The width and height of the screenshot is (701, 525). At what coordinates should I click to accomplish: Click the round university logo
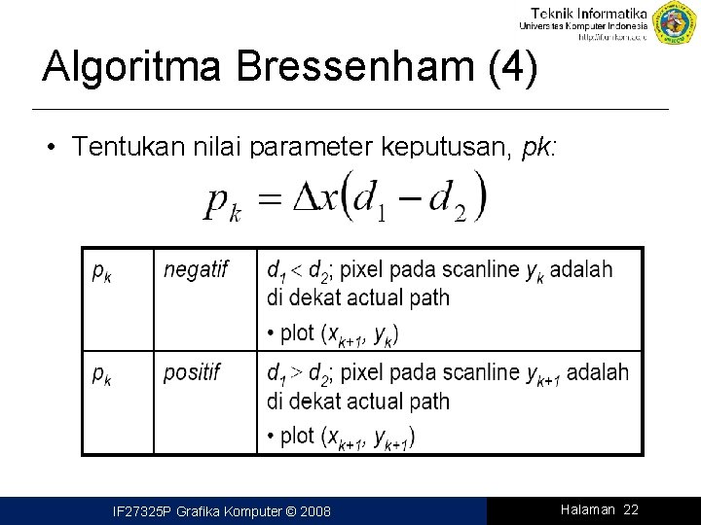[675, 23]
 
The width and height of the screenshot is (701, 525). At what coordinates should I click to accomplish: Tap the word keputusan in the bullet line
[458, 148]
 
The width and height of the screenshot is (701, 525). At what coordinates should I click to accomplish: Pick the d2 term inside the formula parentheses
[449, 202]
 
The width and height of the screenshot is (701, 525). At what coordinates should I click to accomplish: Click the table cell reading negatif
[196, 269]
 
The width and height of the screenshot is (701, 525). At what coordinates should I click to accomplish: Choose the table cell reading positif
[193, 372]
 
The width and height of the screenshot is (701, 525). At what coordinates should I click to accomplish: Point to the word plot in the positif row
[296, 437]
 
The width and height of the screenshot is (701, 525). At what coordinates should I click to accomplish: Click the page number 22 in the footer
[630, 510]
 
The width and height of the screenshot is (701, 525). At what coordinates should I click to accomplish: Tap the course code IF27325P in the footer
[142, 511]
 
